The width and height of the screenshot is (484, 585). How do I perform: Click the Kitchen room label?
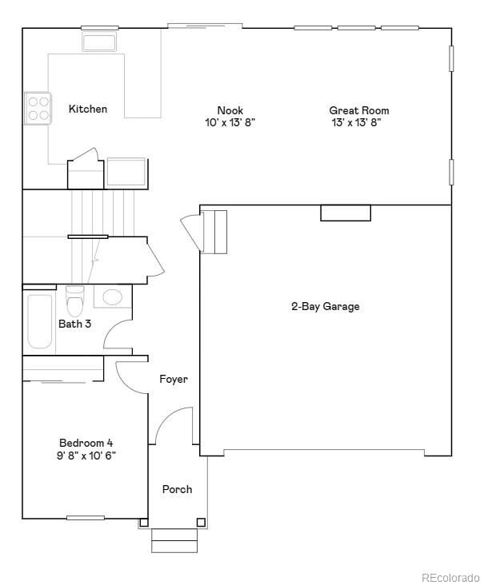pos(87,109)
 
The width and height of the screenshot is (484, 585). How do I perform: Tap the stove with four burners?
pos(37,108)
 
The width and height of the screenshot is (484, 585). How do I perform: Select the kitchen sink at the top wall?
pos(99,40)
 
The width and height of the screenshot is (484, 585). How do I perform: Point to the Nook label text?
pos(230,110)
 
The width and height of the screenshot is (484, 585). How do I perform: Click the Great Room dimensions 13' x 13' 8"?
pos(359,123)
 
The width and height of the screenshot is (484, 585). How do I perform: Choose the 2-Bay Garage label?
pos(325,306)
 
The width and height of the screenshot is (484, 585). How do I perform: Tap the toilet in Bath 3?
pos(75,300)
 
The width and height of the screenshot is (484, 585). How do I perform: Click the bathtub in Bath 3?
pos(39,321)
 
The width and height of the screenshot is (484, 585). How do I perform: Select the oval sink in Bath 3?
pos(113,297)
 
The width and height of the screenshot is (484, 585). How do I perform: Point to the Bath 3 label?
pos(75,324)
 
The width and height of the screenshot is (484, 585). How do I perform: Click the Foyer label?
pos(174,379)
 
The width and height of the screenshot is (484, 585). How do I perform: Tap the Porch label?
pos(177,489)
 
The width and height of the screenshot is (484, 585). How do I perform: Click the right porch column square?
pos(201,523)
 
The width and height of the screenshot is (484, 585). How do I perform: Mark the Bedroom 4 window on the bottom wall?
pos(86,518)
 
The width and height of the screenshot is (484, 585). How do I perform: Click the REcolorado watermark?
pos(450,577)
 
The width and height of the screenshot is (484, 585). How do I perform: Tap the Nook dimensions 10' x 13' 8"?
pos(230,123)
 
